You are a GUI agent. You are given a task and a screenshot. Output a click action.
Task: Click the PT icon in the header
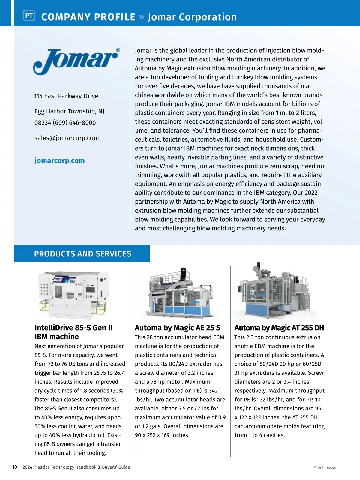[x=29, y=16]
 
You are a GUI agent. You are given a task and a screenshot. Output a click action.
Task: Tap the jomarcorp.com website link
[x=59, y=160]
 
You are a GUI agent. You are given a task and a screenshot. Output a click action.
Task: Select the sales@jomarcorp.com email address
[x=67, y=138]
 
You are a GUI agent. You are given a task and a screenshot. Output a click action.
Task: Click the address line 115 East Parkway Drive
[x=66, y=96]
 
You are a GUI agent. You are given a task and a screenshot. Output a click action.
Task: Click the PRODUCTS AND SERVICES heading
[x=82, y=254]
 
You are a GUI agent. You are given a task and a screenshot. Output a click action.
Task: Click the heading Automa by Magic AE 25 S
[x=178, y=328]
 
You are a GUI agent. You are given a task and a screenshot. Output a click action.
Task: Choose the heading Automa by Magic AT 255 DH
[x=279, y=328]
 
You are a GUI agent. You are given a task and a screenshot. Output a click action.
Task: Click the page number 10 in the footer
[x=15, y=467]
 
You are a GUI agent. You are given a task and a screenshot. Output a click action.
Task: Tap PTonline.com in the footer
[x=325, y=467]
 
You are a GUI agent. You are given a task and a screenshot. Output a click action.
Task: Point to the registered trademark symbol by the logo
[x=118, y=50]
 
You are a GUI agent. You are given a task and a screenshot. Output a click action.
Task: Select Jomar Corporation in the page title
[x=192, y=17]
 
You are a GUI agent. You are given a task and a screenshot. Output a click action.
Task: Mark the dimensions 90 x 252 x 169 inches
[x=162, y=435]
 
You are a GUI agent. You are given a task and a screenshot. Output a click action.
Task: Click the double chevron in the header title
[x=142, y=17]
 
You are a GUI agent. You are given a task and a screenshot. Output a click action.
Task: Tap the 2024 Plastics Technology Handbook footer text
[x=76, y=467]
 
